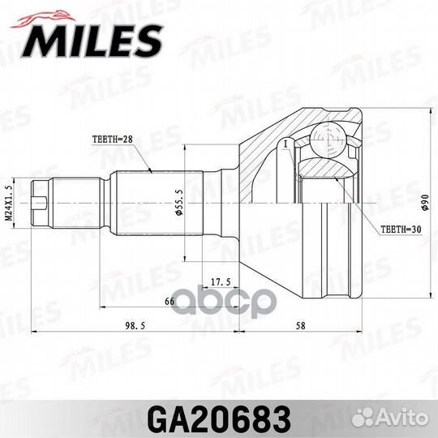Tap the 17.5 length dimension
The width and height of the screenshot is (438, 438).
click(x=217, y=282)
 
